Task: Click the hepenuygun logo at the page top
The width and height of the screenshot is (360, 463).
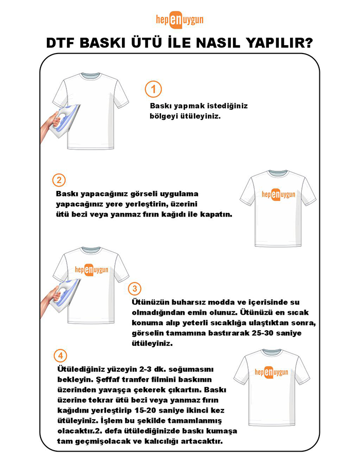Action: (x=179, y=19)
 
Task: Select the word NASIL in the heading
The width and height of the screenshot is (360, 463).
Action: (x=211, y=43)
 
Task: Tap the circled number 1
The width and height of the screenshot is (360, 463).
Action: (x=153, y=88)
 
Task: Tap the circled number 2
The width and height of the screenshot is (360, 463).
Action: (x=60, y=181)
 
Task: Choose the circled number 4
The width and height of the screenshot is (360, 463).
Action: (x=60, y=355)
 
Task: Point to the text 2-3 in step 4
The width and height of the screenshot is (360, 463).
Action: (x=145, y=370)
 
